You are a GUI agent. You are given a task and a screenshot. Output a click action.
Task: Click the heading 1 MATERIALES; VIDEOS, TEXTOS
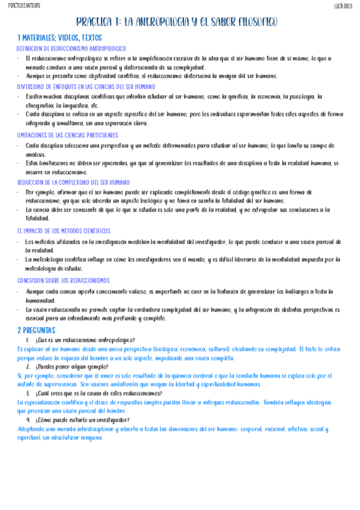click(59, 38)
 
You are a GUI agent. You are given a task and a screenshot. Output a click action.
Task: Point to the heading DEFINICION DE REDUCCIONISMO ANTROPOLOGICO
click(71, 48)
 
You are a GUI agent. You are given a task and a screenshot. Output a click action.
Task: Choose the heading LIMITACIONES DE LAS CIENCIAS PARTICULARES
click(67, 135)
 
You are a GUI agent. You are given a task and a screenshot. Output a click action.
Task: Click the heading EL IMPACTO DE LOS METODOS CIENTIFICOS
click(64, 231)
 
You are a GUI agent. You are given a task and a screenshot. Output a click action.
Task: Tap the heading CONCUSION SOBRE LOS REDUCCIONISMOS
click(63, 280)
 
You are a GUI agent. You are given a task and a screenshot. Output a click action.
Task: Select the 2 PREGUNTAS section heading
click(36, 330)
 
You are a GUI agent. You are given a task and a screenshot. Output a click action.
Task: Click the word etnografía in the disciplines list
click(39, 105)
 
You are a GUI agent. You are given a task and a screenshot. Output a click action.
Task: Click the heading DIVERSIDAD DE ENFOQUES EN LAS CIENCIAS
click(86, 87)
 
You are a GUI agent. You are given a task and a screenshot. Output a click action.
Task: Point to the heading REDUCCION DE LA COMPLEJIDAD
click(76, 182)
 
